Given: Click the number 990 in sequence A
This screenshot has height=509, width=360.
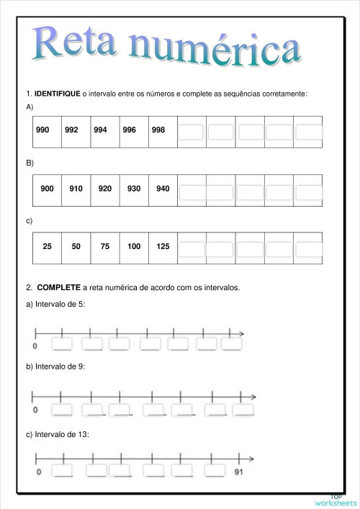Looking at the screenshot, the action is point(42,130).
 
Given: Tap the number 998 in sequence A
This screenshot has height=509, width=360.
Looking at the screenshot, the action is point(158,130).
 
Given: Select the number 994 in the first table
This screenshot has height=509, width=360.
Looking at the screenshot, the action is point(100,130).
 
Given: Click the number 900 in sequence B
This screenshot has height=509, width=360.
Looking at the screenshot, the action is point(48,189).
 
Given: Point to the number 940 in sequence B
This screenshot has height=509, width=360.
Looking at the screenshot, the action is point(163,189).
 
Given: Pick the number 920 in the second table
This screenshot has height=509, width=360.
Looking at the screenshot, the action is point(105,189).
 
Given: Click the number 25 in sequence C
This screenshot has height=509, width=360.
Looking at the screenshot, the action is point(48,246).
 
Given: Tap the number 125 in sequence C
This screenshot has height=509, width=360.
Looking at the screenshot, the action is point(163,246).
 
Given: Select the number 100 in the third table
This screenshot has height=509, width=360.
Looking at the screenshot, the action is point(134,246).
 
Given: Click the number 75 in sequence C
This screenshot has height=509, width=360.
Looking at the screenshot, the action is point(105,246).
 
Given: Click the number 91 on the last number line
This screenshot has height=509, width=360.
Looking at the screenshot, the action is point(240,472).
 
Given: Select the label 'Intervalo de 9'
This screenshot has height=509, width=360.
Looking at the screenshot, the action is point(56,366).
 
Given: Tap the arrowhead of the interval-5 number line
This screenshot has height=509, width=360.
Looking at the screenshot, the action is point(241,333).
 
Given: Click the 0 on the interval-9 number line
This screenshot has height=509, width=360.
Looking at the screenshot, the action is point(35,410).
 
